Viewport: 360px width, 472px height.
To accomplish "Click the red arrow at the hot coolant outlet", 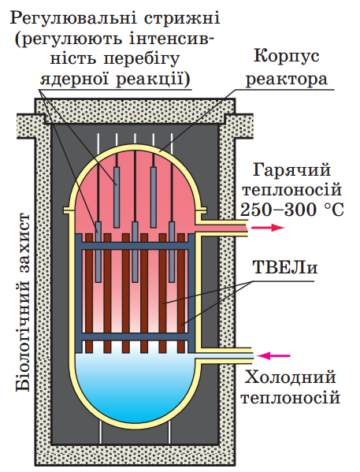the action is [x=268, y=227].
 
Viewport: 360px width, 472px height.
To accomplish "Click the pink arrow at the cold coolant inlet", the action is [x=273, y=356].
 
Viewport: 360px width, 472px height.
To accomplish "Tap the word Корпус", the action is [x=287, y=56].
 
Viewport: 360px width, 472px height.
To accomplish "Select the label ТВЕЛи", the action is [x=285, y=267].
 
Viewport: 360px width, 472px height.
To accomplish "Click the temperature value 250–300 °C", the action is [x=292, y=210].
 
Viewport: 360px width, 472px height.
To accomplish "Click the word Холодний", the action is [x=290, y=377].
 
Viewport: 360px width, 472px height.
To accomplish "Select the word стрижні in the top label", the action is [x=182, y=19].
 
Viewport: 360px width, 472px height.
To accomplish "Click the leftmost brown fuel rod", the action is [x=89, y=293].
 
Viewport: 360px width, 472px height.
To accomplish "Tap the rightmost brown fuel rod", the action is [x=181, y=293].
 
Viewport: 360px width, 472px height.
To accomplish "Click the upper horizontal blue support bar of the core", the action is [x=135, y=246].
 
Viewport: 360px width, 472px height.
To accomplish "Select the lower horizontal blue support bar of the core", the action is [x=135, y=336].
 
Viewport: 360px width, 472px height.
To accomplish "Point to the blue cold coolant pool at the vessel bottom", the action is [x=135, y=388].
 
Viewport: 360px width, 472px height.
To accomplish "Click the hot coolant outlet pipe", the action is [x=222, y=228].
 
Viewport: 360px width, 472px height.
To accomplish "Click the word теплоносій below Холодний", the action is [x=291, y=398].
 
